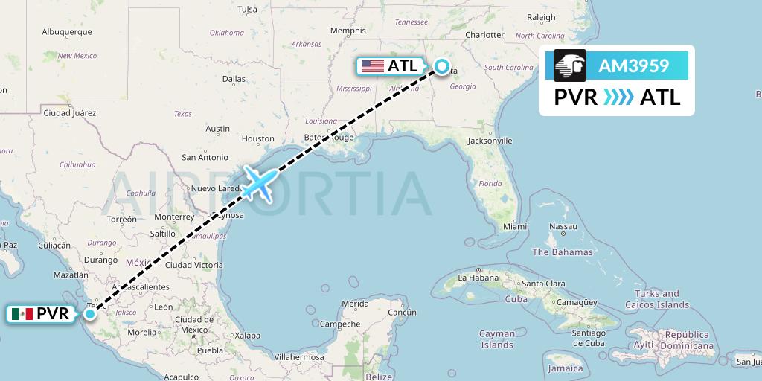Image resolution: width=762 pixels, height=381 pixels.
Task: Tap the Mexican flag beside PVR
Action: [x=22, y=314]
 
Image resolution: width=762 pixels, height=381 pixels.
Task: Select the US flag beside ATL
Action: [x=372, y=66]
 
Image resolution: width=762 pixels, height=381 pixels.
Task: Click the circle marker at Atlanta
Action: [x=442, y=67]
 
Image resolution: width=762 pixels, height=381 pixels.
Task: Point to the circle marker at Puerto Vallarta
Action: [x=90, y=313]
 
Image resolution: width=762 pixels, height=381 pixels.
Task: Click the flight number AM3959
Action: [x=634, y=66]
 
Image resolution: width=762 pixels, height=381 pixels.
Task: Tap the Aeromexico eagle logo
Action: [x=570, y=65]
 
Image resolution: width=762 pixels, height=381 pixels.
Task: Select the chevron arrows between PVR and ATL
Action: [x=618, y=97]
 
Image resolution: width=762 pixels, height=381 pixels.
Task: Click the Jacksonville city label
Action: [x=490, y=140]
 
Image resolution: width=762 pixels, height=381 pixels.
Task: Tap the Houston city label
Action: [x=258, y=138]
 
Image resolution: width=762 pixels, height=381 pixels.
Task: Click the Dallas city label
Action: [x=234, y=78]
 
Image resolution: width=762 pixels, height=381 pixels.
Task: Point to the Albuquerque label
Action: [x=67, y=31]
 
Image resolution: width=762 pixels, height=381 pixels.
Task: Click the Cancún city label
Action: [x=401, y=312]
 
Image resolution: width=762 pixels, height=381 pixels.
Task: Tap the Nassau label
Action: [x=563, y=226]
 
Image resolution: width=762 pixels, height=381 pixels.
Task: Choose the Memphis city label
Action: [x=348, y=31]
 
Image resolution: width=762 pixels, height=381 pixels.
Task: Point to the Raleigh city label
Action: [x=541, y=17]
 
